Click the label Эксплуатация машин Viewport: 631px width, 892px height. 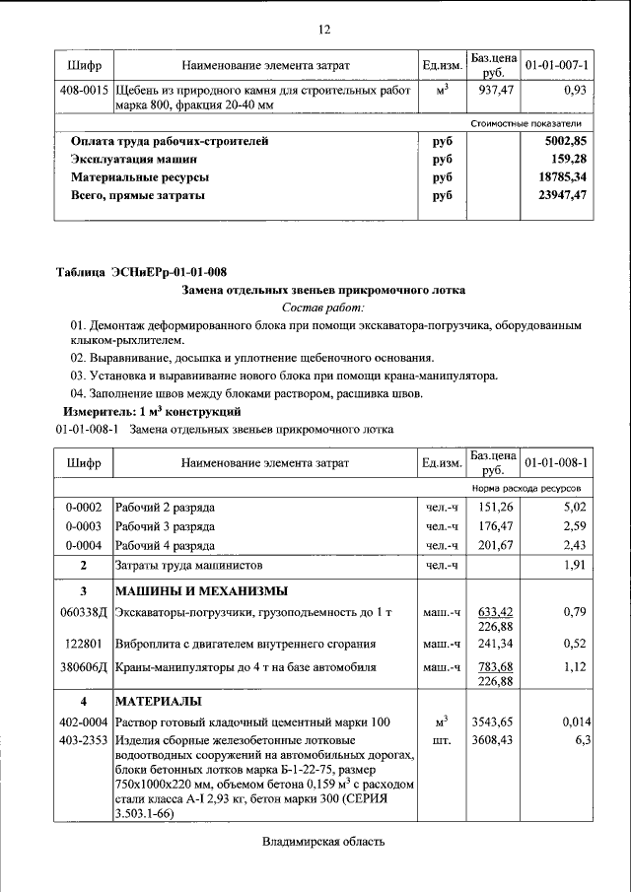pyautogui.click(x=133, y=159)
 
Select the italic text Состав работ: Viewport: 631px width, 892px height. pyautogui.click(x=323, y=308)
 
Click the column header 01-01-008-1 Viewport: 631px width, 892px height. pyautogui.click(x=556, y=461)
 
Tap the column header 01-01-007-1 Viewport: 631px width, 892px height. pyautogui.click(x=556, y=65)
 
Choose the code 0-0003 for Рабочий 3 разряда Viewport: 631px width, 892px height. pyautogui.click(x=84, y=526)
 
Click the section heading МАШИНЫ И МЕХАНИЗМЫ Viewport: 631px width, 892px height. pyautogui.click(x=201, y=591)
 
